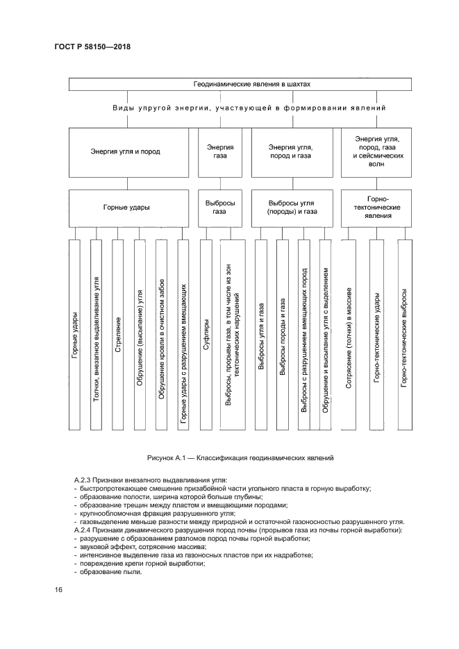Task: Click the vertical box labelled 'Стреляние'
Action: (x=118, y=335)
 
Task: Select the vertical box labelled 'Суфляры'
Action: (x=206, y=335)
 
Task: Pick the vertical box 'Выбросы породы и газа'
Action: (x=283, y=335)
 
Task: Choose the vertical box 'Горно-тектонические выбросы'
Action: (x=404, y=335)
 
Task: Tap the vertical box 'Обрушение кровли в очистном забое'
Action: (x=161, y=335)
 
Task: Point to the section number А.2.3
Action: (x=86, y=480)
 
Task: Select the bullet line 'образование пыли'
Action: (x=110, y=571)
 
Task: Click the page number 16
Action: (x=58, y=590)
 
